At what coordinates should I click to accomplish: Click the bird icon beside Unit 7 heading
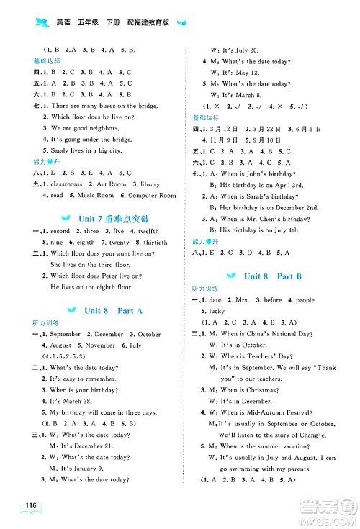[68, 218]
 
